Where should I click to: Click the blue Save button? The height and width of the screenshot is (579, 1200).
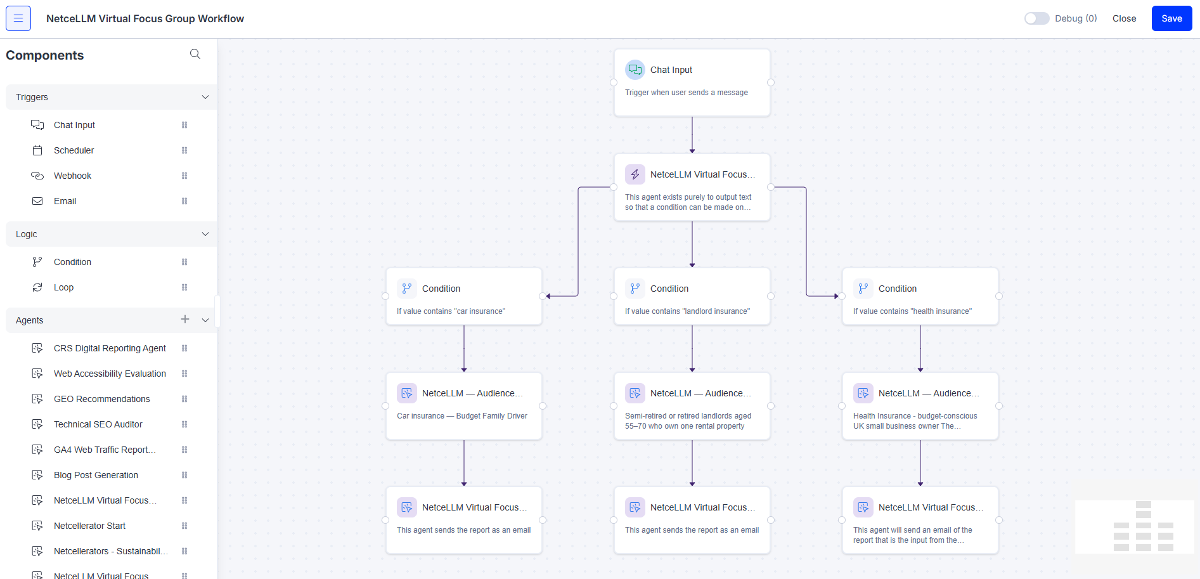[1171, 18]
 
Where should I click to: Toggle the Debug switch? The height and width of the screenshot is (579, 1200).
[1036, 18]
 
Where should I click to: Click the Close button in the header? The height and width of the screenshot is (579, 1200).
[1124, 18]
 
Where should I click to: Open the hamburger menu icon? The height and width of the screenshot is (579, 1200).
[18, 18]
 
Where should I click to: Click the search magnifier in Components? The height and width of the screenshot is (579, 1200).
[195, 55]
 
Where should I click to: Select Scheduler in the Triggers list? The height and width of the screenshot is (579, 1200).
[74, 150]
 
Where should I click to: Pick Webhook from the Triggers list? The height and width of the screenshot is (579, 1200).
[72, 176]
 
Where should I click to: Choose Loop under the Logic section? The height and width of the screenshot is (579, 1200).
[63, 287]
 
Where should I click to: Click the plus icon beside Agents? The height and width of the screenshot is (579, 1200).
[185, 320]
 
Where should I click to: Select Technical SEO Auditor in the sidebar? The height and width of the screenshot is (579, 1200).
[98, 424]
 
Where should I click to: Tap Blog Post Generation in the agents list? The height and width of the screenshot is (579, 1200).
[96, 475]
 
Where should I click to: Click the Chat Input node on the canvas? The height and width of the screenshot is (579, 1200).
[692, 82]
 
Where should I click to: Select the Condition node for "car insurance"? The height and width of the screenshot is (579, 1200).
[463, 297]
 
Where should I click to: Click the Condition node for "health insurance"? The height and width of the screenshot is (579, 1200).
[920, 297]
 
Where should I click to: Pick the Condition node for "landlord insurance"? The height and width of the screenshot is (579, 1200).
[692, 297]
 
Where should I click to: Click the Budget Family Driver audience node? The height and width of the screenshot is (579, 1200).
[463, 406]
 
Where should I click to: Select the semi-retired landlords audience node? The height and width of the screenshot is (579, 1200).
[692, 406]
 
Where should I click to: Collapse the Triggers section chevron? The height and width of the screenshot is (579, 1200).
[205, 97]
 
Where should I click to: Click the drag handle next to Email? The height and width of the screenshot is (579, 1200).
[184, 201]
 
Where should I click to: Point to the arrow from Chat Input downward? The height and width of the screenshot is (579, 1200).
[692, 134]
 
